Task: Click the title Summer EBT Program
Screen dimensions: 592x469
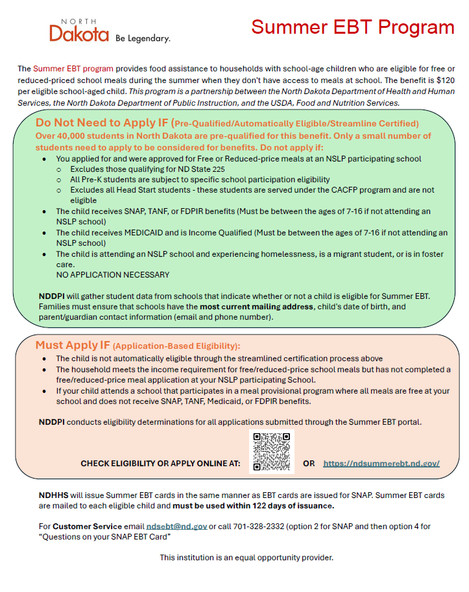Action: click(x=352, y=27)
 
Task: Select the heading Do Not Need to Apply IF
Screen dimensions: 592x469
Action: click(x=102, y=123)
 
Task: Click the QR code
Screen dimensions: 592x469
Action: click(x=271, y=451)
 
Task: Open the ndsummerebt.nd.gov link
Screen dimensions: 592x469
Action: click(x=381, y=464)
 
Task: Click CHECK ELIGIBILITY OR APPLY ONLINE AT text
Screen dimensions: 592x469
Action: click(x=160, y=464)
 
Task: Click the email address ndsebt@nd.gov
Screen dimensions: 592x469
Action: click(x=176, y=526)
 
